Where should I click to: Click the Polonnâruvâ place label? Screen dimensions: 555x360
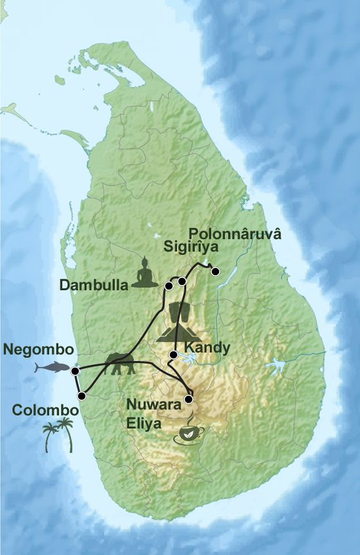tap(234, 234)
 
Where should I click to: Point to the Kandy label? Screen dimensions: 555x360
tap(207, 347)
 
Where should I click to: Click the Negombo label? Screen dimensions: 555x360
tap(38, 350)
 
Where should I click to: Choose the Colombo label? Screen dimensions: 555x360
tap(45, 411)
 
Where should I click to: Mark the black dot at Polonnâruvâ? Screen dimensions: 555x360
tap(215, 271)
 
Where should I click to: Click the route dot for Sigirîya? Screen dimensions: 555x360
tap(182, 282)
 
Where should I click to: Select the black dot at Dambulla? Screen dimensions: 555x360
tap(169, 286)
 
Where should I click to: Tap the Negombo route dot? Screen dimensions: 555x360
tap(75, 371)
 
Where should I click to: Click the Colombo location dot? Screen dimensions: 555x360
tap(82, 395)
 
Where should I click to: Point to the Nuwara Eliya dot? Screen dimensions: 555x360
tap(189, 399)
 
